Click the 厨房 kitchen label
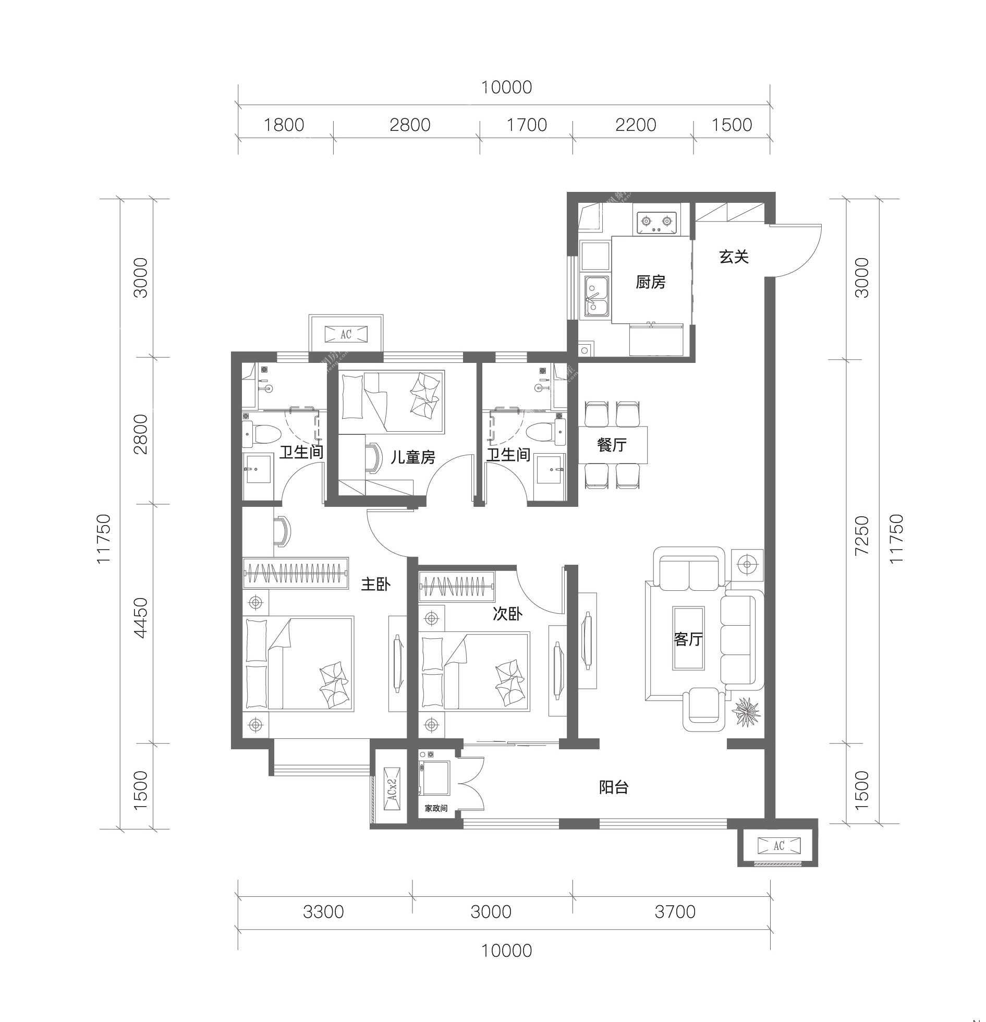tap(650, 282)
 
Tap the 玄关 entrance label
tap(734, 257)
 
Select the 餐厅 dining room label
tap(612, 445)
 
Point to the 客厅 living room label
tap(688, 639)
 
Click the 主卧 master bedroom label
tap(376, 584)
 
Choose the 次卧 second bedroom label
tap(507, 614)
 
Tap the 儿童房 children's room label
tap(413, 457)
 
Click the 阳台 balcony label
tap(614, 787)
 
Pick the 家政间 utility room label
tap(436, 809)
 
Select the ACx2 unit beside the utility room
tap(392, 788)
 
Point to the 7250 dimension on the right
tap(862, 535)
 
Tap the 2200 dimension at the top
tap(636, 125)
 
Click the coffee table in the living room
tap(688, 638)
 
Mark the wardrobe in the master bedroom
tap(296, 573)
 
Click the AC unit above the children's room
tap(346, 334)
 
